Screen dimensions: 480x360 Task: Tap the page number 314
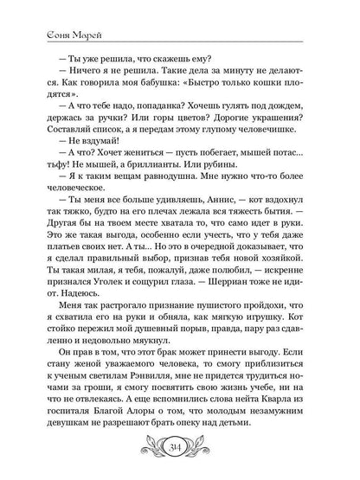(179, 457)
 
